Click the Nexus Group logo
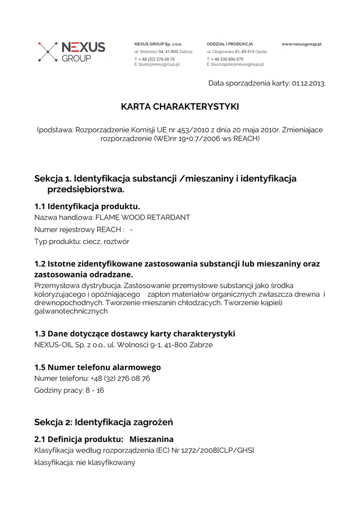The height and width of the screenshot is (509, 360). pyautogui.click(x=72, y=52)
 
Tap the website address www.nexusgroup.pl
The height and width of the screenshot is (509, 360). pyautogui.click(x=301, y=44)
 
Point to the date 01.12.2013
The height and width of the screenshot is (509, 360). pyautogui.click(x=308, y=83)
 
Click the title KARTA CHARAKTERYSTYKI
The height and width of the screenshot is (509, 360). pyautogui.click(x=180, y=107)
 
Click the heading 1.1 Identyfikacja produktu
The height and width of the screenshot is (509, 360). pyautogui.click(x=87, y=206)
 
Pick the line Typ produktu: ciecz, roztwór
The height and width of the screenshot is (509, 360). pyautogui.click(x=82, y=242)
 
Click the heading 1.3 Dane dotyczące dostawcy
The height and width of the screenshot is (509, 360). pyautogui.click(x=134, y=334)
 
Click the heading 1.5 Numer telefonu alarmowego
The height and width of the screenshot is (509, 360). pyautogui.click(x=97, y=367)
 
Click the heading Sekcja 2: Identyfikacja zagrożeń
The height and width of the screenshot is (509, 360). pyautogui.click(x=103, y=423)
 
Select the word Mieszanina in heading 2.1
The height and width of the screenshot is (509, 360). pyautogui.click(x=152, y=439)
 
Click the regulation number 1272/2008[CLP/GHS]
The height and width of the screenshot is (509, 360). pyautogui.click(x=219, y=450)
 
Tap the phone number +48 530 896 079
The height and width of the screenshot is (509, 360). pyautogui.click(x=227, y=59)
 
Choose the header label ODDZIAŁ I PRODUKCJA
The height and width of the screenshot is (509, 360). pyautogui.click(x=230, y=44)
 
